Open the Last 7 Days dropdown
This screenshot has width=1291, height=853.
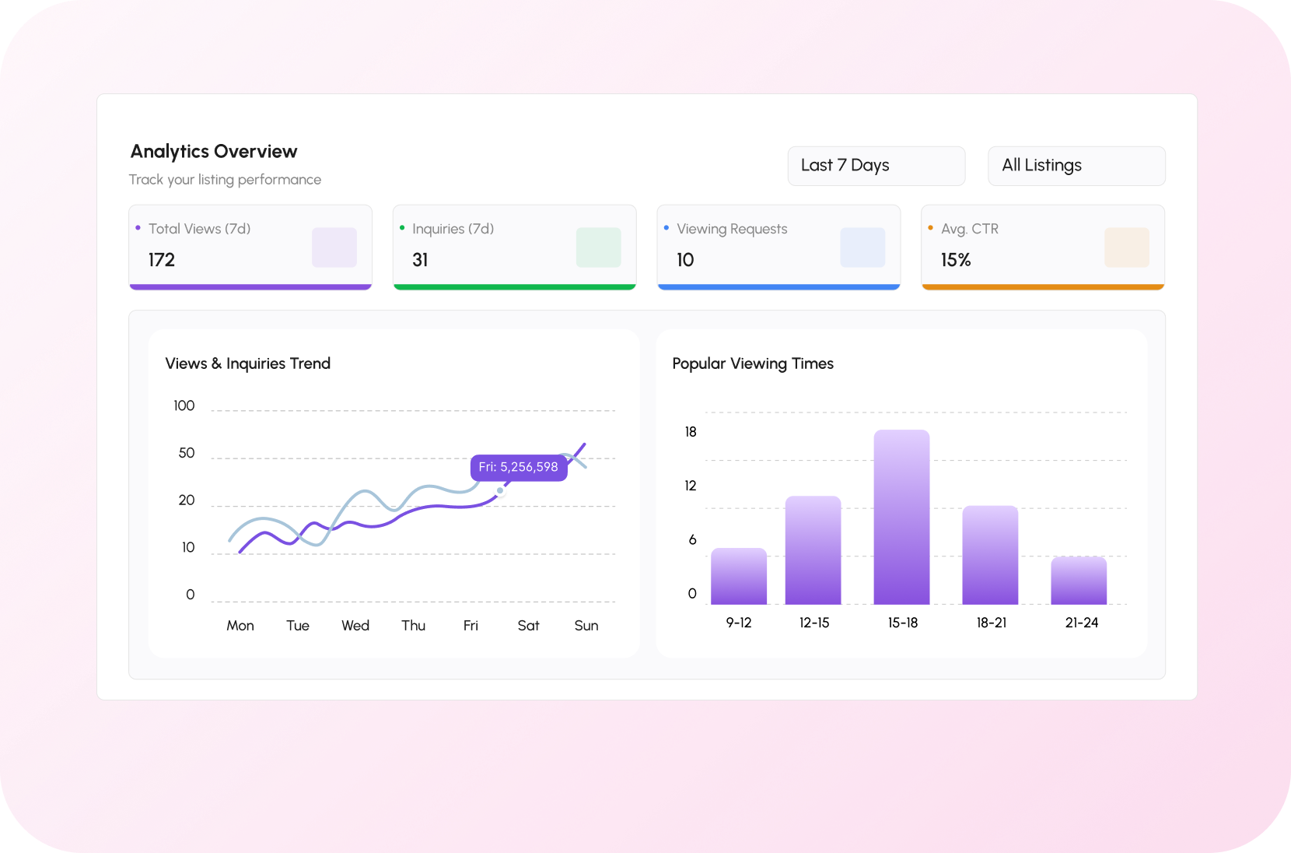pos(876,166)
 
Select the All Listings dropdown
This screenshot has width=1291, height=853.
pos(1076,166)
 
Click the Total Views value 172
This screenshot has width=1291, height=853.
pos(162,260)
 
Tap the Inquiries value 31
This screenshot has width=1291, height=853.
pos(420,260)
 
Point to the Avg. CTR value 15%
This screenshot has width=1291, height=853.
pos(956,260)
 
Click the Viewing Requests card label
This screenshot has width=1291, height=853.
pos(732,229)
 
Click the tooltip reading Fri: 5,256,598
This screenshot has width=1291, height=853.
pos(519,467)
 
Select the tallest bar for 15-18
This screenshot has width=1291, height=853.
pos(901,517)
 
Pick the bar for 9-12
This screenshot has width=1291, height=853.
pos(739,576)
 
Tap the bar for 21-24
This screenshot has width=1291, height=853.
pos(1079,581)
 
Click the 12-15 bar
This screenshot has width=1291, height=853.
pos(813,549)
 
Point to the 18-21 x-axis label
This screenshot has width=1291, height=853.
pos(992,623)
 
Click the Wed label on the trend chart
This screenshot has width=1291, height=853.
pos(355,626)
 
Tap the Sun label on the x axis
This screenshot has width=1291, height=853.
pos(586,626)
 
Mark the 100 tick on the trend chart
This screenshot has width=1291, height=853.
pos(184,405)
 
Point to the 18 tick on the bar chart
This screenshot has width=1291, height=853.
pos(691,432)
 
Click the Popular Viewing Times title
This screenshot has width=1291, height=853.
pos(753,363)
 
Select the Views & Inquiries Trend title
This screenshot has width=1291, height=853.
pos(248,363)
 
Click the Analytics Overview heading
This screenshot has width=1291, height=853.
pos(214,151)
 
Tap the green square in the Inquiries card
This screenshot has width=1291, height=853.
pos(598,247)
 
